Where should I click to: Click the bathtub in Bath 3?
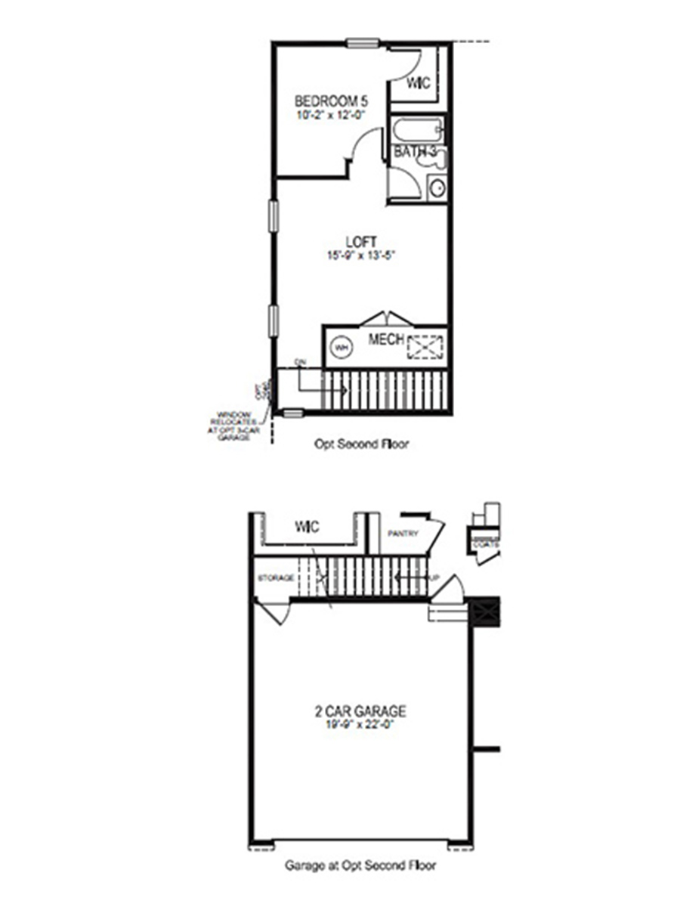[418, 129]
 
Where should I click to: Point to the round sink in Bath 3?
[437, 187]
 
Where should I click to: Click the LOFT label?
[357, 242]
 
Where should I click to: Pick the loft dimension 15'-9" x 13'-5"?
[357, 255]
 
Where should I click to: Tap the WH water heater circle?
[342, 348]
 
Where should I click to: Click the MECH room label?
[386, 339]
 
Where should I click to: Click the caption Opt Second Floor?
[361, 444]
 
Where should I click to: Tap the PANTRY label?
[402, 534]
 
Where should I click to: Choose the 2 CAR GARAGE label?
[360, 711]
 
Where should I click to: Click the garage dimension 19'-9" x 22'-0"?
[360, 725]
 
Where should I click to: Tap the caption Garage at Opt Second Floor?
[360, 865]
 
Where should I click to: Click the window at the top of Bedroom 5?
[363, 43]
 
